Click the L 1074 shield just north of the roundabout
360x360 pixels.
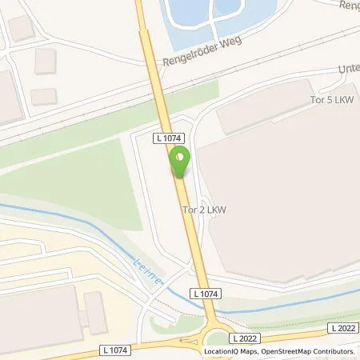pyautogui.click(x=204, y=295)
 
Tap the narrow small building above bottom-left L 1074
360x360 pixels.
pyautogui.click(x=95, y=313)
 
